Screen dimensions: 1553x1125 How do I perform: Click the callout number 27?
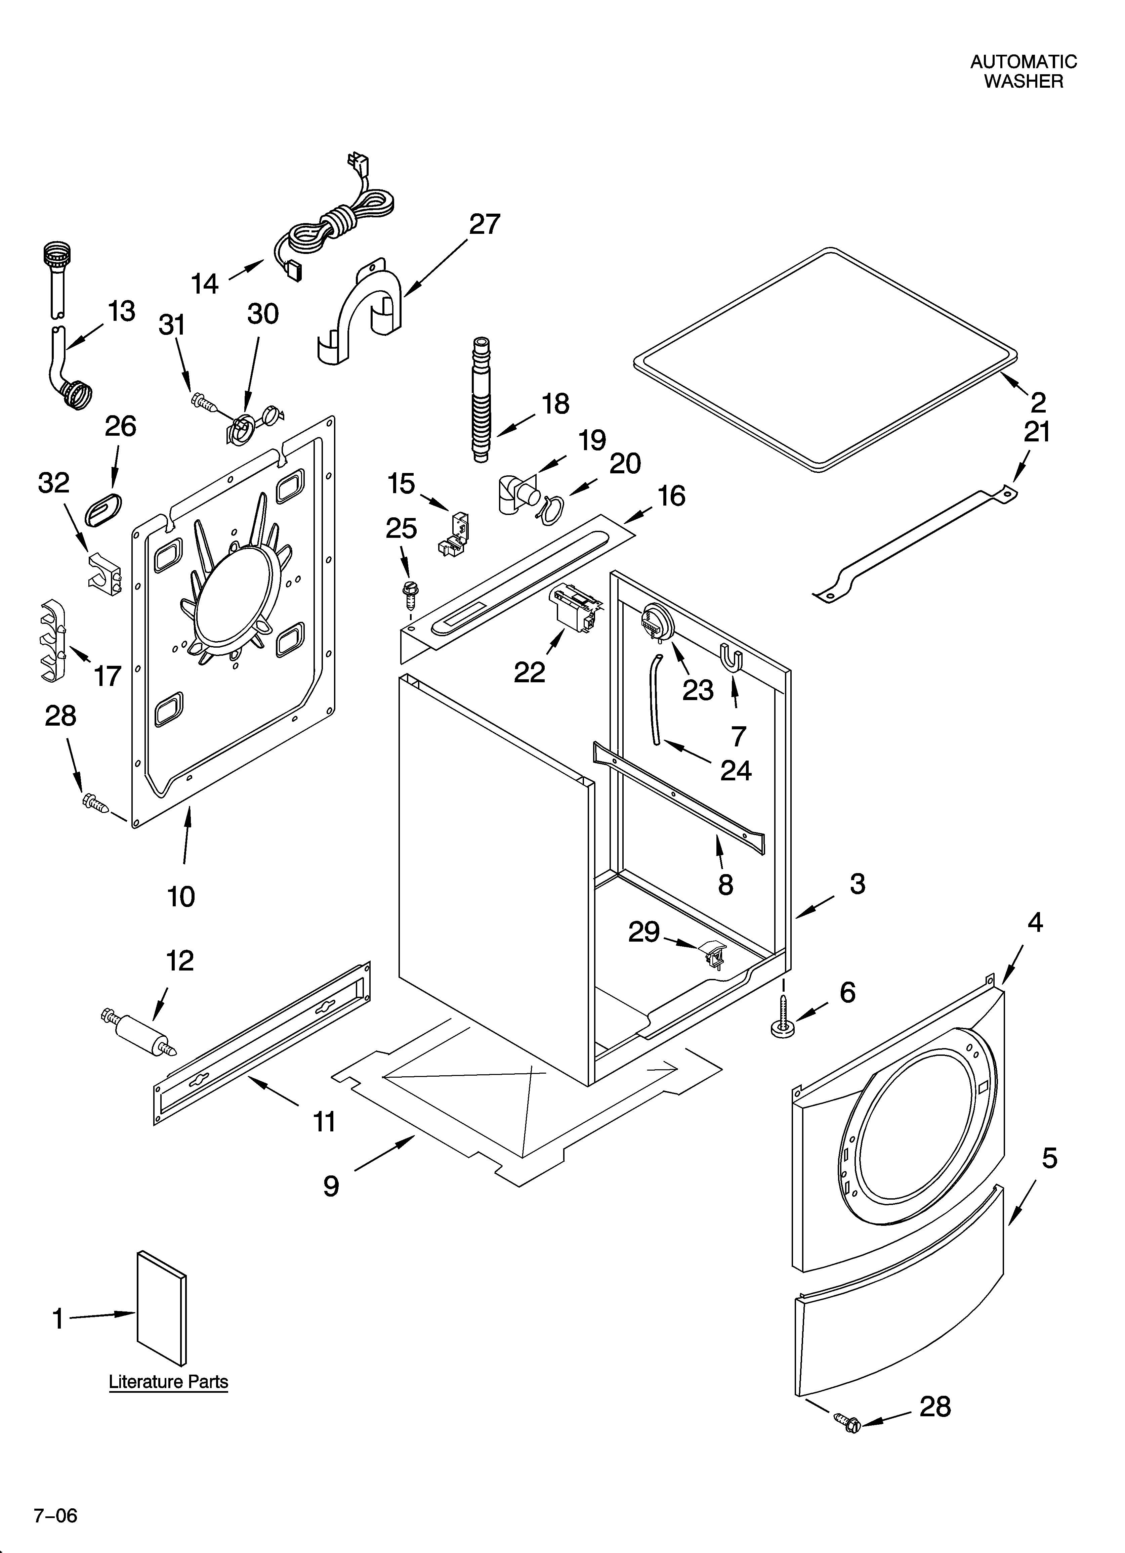(485, 224)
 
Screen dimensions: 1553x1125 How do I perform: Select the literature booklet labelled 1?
(162, 1308)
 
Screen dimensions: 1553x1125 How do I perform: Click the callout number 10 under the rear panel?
(181, 896)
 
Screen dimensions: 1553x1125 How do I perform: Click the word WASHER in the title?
(1024, 82)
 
